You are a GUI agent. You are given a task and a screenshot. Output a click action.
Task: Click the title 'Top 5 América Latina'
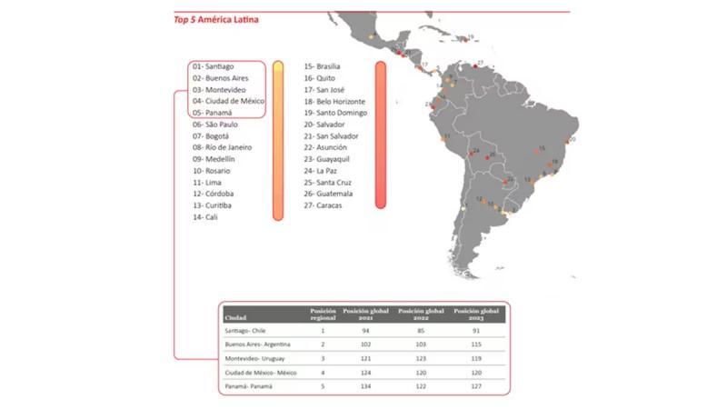(215, 19)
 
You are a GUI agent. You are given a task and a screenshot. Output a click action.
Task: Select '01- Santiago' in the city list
(214, 66)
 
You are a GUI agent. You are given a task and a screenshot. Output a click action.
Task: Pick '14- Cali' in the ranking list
(205, 217)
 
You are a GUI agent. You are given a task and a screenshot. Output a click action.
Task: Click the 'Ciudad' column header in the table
(235, 318)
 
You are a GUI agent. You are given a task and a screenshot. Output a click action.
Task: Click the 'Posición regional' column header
(323, 314)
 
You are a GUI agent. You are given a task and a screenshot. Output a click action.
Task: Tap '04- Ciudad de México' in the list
(228, 101)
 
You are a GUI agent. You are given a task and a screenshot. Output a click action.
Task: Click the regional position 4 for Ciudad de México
(323, 374)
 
